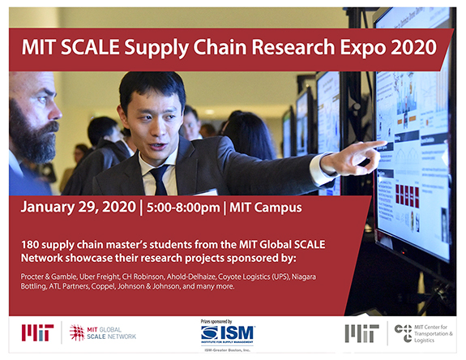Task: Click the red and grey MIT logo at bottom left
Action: (x=38, y=332)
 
